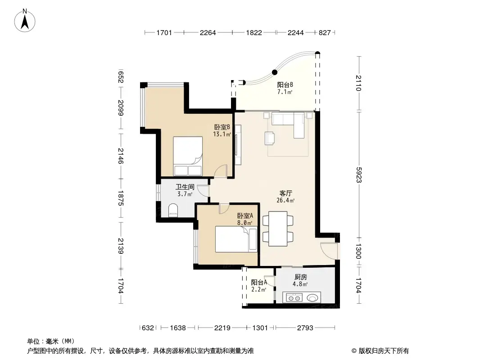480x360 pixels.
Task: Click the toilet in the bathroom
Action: point(173,211)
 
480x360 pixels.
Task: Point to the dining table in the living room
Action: point(278,229)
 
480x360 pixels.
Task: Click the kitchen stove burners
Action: point(294,297)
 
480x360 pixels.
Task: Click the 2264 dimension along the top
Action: point(208,32)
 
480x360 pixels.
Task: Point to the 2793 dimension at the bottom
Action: point(305,328)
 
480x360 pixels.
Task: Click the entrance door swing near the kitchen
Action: point(329,250)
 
